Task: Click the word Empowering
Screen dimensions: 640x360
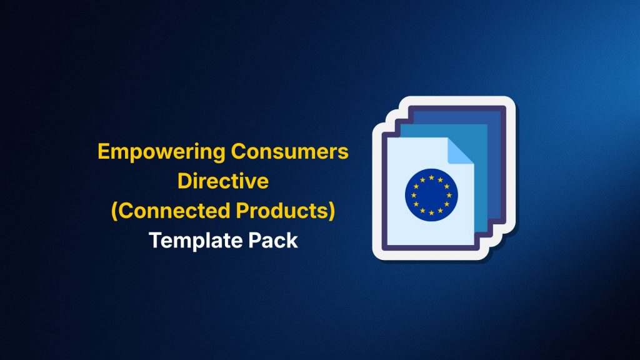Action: [x=161, y=152]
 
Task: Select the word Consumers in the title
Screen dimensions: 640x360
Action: [x=290, y=151]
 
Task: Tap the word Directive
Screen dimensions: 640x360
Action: [x=223, y=181]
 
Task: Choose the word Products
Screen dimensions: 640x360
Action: [x=282, y=211]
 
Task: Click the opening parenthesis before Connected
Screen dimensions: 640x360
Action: [x=114, y=211]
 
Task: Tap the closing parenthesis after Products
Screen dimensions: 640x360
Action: [x=332, y=211]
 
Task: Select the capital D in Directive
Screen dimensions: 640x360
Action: [x=185, y=181]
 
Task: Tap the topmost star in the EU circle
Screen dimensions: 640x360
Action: [x=431, y=177]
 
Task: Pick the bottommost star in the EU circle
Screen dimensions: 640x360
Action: [x=431, y=212]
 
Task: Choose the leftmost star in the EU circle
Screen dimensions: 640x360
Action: [x=414, y=195]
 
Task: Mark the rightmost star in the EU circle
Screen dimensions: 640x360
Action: [x=449, y=195]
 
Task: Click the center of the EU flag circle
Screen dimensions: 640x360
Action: [x=431, y=195]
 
